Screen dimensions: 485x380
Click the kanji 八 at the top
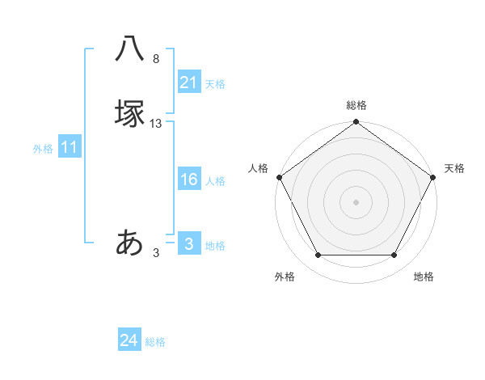click(130, 50)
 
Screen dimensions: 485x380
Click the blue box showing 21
click(188, 82)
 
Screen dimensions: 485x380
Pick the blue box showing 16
click(188, 179)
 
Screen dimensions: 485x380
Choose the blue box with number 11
click(70, 148)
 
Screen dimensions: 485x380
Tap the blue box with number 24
click(129, 341)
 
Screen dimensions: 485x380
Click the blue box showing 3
click(188, 244)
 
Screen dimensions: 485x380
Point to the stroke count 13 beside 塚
click(156, 124)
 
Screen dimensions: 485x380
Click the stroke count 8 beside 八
click(156, 59)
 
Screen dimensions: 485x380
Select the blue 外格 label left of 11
click(43, 149)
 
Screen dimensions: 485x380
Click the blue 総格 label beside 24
click(155, 343)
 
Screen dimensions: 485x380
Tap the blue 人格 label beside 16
click(215, 181)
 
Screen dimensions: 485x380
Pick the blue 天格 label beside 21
click(215, 84)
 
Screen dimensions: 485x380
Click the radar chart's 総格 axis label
click(356, 105)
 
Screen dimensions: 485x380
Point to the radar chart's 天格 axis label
click(454, 168)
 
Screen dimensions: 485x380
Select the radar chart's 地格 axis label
click(424, 277)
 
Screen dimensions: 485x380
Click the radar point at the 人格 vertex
click(279, 177)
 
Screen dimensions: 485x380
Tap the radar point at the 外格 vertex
click(318, 255)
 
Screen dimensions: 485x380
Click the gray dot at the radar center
click(356, 201)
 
